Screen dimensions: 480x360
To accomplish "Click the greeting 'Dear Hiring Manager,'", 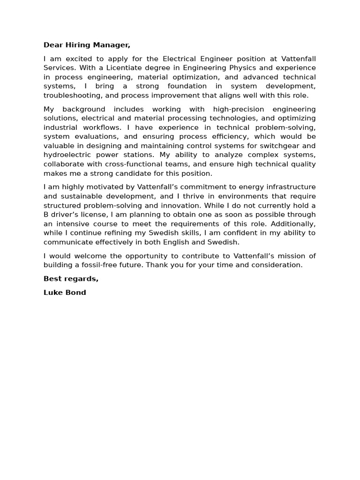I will (x=87, y=45).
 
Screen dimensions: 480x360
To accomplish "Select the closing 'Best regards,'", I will (x=71, y=278).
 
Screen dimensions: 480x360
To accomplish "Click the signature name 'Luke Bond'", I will (x=65, y=292).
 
